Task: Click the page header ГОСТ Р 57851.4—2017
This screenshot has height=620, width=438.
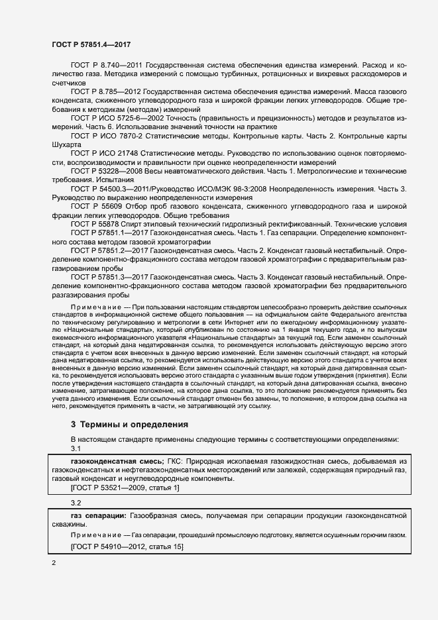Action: [91, 44]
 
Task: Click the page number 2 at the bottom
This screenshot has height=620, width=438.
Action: [54, 563]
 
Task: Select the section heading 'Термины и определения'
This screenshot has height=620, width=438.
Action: [128, 424]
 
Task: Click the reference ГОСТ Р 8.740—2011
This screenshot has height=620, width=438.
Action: [103, 66]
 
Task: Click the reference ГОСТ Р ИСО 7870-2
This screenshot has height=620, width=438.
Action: [105, 134]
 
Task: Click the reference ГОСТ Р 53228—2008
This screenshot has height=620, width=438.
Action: [104, 171]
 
